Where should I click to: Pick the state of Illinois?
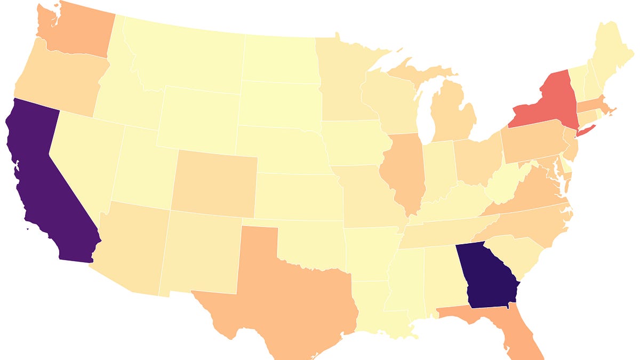click(x=405, y=171)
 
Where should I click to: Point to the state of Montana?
click(x=187, y=53)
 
